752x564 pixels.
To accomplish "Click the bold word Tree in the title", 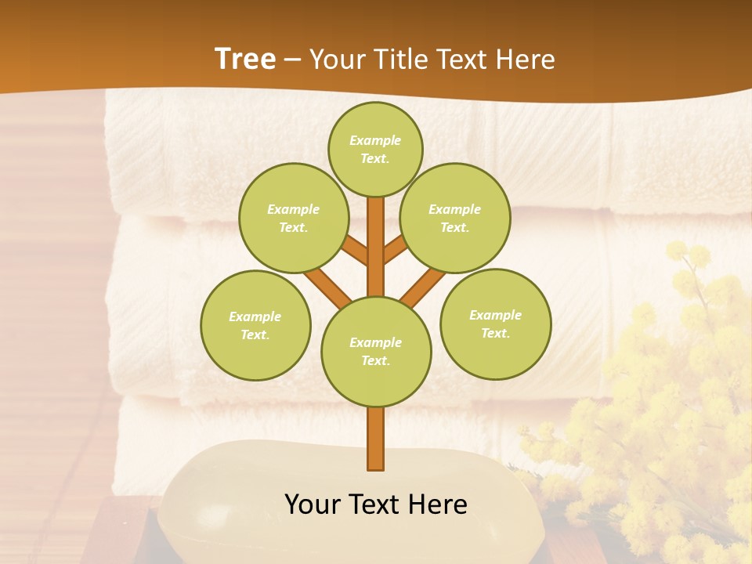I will (245, 60).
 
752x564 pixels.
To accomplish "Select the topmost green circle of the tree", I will (375, 149).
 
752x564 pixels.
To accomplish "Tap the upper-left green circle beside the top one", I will (293, 218).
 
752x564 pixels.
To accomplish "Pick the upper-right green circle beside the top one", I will (454, 218).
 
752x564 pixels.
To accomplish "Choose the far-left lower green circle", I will (255, 325).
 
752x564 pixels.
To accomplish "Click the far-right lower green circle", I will (495, 324).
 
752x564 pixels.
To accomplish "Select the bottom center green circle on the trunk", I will (376, 351).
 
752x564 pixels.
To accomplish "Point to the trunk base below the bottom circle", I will (376, 439).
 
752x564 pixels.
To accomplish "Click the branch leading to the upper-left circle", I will (356, 252).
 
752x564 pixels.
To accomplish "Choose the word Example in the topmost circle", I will (375, 140).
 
